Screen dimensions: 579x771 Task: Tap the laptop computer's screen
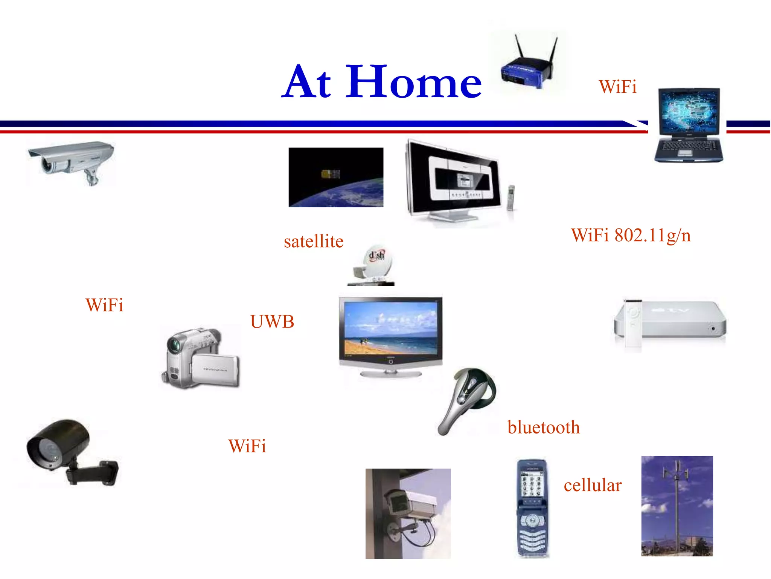689,111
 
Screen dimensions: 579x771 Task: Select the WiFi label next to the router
617,87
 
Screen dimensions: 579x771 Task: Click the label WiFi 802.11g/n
631,236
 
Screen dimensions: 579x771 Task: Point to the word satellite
314,241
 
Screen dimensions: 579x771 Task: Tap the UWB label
272,322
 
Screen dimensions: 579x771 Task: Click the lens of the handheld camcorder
174,345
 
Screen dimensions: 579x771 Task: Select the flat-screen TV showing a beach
390,332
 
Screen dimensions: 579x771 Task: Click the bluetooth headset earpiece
467,400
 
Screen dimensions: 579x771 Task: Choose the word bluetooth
543,427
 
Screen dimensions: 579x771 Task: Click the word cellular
592,485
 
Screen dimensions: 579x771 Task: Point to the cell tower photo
677,505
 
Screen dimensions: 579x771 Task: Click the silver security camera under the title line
72,160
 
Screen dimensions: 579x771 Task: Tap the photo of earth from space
336,177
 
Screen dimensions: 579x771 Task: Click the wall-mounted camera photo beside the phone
408,513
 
